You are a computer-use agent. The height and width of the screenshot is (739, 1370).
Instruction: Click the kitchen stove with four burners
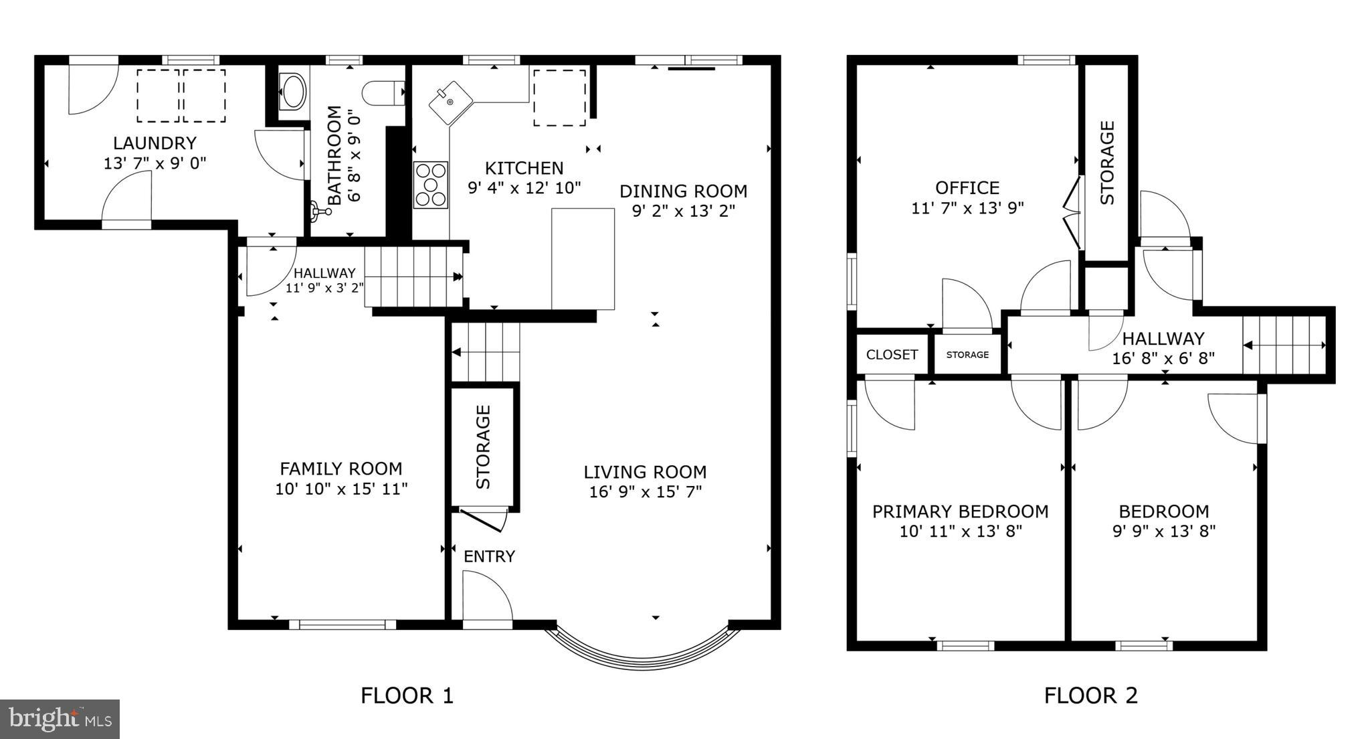click(430, 185)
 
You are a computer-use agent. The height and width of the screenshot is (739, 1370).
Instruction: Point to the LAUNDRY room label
click(155, 143)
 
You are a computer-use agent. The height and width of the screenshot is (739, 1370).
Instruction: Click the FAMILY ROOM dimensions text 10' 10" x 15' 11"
click(341, 489)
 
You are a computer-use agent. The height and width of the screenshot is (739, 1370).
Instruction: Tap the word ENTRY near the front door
click(489, 556)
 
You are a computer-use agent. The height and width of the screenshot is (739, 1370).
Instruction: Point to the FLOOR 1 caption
click(407, 695)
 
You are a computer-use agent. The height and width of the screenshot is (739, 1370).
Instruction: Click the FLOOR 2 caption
click(1090, 695)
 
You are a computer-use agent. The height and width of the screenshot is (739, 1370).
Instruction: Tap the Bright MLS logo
click(60, 720)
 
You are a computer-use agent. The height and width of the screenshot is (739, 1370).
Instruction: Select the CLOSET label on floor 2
click(892, 355)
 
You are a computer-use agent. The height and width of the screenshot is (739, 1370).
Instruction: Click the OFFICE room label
click(967, 188)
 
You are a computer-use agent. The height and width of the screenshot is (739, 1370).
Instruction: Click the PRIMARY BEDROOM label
click(960, 512)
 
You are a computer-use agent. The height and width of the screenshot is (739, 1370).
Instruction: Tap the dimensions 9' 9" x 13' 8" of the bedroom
click(1163, 531)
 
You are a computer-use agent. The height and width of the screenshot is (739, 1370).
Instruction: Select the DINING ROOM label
click(683, 191)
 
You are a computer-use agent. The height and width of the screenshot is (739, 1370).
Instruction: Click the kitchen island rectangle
click(583, 258)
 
